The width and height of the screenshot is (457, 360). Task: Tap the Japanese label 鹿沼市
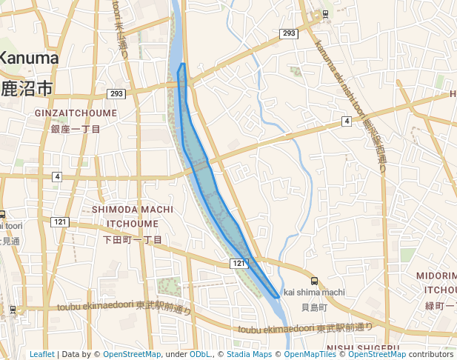[x=27, y=88]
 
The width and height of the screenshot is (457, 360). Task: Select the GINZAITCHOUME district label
[x=76, y=113]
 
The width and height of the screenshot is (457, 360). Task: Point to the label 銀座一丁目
[x=76, y=129]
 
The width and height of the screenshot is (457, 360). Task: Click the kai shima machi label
[x=314, y=292]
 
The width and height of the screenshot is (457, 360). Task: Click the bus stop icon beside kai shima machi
[x=315, y=281]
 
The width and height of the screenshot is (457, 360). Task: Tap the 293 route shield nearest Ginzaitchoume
[x=116, y=93]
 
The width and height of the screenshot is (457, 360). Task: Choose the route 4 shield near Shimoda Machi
[x=57, y=176]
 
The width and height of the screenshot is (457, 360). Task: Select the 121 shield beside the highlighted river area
[x=237, y=264]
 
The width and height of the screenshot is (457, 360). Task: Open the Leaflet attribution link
[x=42, y=354]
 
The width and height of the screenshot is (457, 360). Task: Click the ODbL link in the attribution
[x=200, y=354]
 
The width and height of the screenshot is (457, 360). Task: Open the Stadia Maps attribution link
[x=248, y=354]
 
